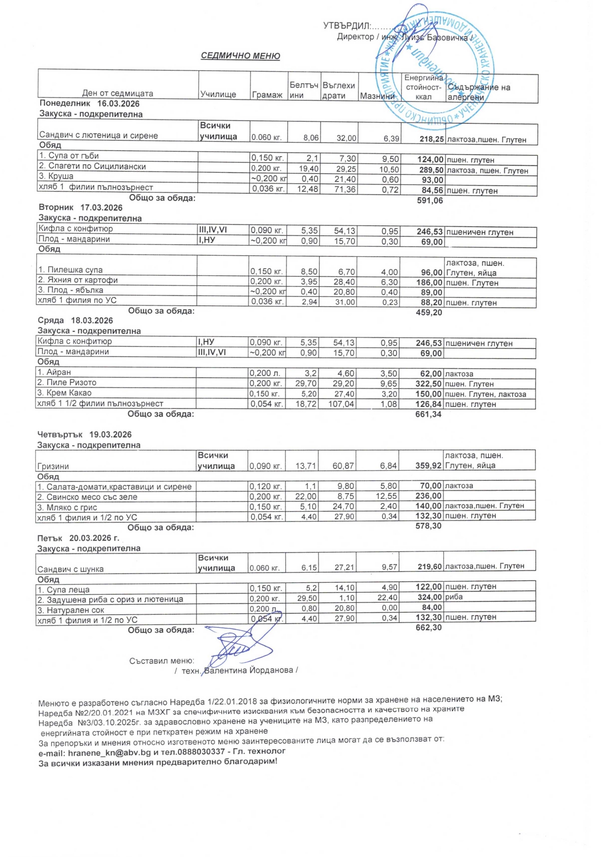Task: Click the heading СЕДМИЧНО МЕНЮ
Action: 240,56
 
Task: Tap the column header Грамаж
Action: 267,95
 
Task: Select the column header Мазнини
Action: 377,96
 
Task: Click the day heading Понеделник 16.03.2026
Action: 89,104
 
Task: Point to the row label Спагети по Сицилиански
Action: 92,167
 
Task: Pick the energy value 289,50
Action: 430,170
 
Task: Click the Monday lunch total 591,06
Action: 429,200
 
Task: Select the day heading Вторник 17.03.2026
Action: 80,207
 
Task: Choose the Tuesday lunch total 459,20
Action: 429,313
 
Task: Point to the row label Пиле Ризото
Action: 67,382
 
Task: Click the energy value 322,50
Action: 428,384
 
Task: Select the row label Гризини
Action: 53,466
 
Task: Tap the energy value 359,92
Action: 428,466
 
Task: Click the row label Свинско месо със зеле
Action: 87,497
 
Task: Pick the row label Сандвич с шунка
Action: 70,569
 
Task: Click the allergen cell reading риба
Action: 454,597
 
